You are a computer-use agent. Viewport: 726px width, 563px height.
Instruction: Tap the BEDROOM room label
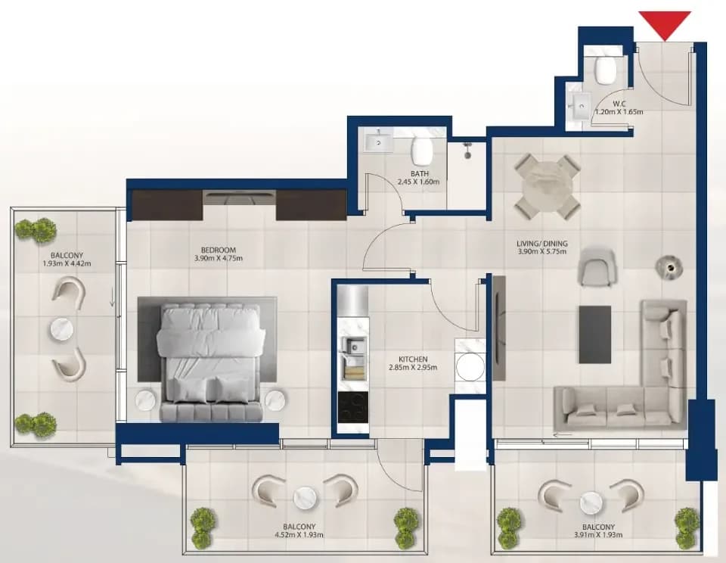pyautogui.click(x=219, y=250)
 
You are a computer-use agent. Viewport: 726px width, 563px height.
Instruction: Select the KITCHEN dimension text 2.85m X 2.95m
pyautogui.click(x=413, y=367)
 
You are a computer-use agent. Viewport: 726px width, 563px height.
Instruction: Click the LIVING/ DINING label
pyautogui.click(x=542, y=243)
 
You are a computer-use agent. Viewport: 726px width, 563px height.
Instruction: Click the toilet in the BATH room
pyautogui.click(x=421, y=150)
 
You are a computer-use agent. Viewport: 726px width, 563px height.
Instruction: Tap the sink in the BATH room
pyautogui.click(x=379, y=141)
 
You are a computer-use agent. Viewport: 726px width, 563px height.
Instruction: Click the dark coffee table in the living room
pyautogui.click(x=595, y=334)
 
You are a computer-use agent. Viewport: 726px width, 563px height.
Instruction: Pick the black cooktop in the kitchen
pyautogui.click(x=353, y=407)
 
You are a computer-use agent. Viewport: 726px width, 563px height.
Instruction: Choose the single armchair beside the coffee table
pyautogui.click(x=597, y=267)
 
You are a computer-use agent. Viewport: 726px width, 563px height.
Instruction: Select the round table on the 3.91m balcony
pyautogui.click(x=591, y=502)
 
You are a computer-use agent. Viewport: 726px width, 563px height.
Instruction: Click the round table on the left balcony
pyautogui.click(x=61, y=329)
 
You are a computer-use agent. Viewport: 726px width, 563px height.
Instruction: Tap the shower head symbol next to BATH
pyautogui.click(x=468, y=151)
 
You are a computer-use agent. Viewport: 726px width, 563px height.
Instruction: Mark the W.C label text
pyautogui.click(x=619, y=104)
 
